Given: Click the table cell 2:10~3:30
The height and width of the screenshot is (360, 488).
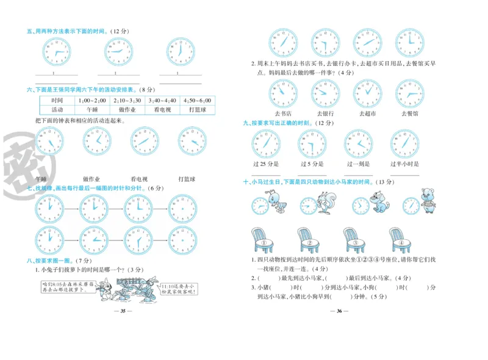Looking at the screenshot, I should click(x=127, y=101).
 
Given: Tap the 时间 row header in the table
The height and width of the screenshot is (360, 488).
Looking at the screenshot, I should click(x=57, y=101).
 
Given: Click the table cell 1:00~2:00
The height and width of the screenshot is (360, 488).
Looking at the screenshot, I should click(x=92, y=101).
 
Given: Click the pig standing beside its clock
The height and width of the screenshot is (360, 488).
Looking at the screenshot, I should click(x=426, y=202).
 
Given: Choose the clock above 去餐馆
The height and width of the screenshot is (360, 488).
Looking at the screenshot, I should click(x=409, y=93).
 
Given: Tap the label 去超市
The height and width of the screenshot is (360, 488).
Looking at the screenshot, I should click(x=367, y=113).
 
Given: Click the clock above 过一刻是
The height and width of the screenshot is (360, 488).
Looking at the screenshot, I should click(x=358, y=144).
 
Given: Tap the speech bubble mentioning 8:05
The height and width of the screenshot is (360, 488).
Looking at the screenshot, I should click(x=68, y=287).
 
